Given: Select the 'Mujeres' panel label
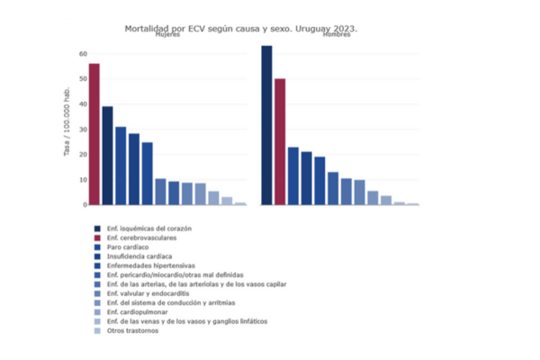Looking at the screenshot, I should pos(167,36).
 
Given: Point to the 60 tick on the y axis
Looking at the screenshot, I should pos(82,54).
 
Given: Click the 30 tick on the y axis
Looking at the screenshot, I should pos(82,130).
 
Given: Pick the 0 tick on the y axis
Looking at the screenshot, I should pos(84,204).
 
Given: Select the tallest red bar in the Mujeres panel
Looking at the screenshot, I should pos(94,134).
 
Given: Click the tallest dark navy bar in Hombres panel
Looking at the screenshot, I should pos(266,125).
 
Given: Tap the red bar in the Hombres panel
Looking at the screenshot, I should pos(280,141).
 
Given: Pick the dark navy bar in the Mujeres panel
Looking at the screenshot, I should pos(107,156).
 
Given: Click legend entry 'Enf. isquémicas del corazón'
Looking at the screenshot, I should pos(148,229).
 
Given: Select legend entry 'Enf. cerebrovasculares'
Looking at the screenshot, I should pos(141,238).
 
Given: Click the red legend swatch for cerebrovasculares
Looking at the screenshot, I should pos(97,238).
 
